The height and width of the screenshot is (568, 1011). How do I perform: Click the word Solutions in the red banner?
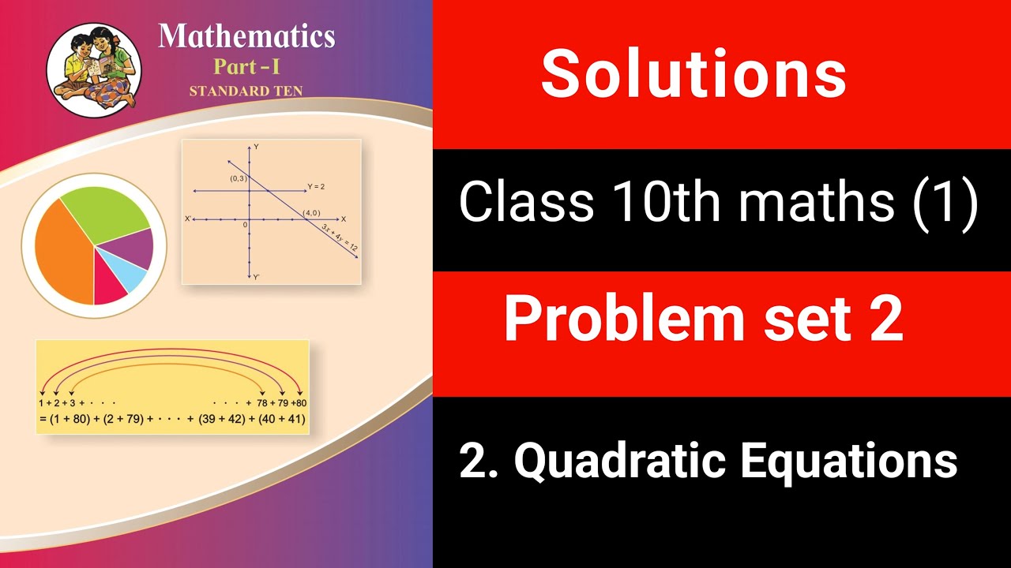point(693,73)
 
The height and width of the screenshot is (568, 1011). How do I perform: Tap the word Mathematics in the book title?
point(246,36)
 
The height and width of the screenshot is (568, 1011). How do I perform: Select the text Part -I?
point(246,66)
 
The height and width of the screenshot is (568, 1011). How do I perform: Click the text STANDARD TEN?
point(246,91)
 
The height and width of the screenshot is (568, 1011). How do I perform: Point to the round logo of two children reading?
point(94,65)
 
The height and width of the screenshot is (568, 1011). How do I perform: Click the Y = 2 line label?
point(316,187)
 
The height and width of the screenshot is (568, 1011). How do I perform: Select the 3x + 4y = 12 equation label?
point(340,237)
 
